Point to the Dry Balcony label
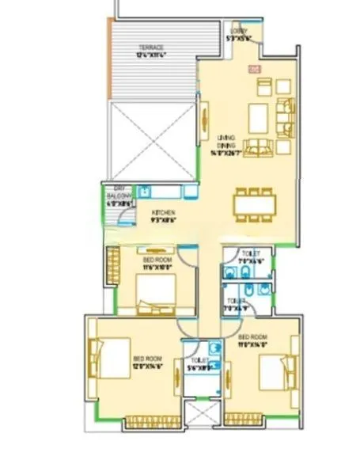[116, 195]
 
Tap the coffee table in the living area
[259, 118]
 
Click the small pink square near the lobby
[254, 70]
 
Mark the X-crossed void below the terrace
[150, 139]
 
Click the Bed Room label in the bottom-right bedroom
[256, 340]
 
